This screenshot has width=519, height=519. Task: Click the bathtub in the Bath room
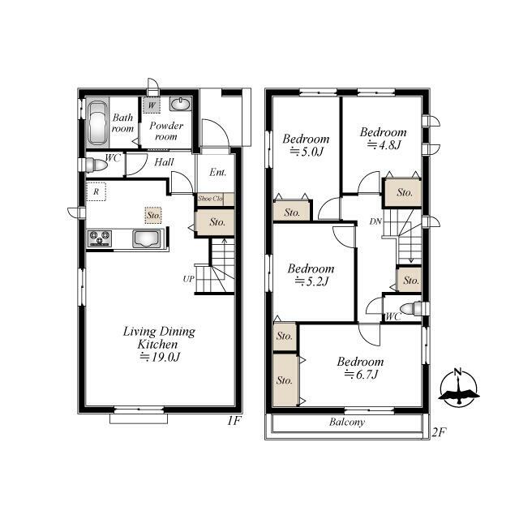click(x=97, y=122)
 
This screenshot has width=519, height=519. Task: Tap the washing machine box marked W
click(x=152, y=105)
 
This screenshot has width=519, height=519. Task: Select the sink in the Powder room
click(x=180, y=105)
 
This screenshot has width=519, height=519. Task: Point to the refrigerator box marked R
click(x=96, y=191)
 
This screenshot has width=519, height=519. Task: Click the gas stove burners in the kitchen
click(x=99, y=238)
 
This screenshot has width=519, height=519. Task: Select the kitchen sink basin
click(x=147, y=238)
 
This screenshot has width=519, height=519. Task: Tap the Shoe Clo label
click(x=210, y=199)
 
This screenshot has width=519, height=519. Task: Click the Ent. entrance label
click(x=218, y=173)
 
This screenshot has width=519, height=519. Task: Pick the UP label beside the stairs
click(x=188, y=279)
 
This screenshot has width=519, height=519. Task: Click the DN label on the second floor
click(x=375, y=221)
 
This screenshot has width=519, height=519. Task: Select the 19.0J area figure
click(x=160, y=357)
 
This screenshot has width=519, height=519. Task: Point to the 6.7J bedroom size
click(x=361, y=375)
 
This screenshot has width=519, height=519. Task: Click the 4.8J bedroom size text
click(x=384, y=144)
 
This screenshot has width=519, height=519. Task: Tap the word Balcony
click(x=347, y=422)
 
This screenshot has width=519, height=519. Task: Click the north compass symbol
click(x=459, y=388)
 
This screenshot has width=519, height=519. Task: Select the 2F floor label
click(x=440, y=432)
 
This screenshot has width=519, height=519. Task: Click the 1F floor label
click(x=234, y=421)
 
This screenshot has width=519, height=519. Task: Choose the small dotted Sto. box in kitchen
click(x=153, y=215)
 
